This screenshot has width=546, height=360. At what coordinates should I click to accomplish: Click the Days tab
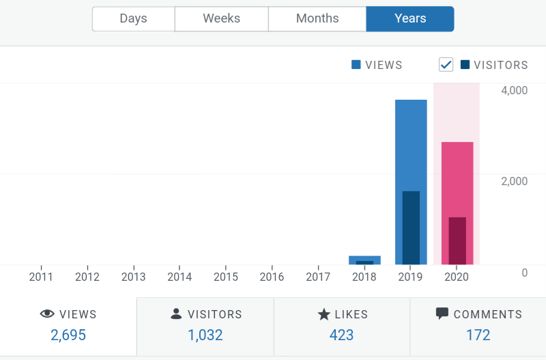pyautogui.click(x=133, y=19)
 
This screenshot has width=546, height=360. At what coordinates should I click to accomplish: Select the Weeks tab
pyautogui.click(x=221, y=19)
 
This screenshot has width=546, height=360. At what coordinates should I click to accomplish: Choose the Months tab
pyautogui.click(x=317, y=19)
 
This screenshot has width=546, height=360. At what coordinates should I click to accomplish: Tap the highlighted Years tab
pyautogui.click(x=410, y=19)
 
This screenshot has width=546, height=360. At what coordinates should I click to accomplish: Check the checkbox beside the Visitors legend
pyautogui.click(x=446, y=65)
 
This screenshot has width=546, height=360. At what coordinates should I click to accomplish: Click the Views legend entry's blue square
pyautogui.click(x=356, y=65)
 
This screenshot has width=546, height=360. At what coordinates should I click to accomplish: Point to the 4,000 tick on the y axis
pyautogui.click(x=514, y=90)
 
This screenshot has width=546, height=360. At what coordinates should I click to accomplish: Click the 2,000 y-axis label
pyautogui.click(x=514, y=181)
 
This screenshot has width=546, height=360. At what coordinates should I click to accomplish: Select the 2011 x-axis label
pyautogui.click(x=42, y=277)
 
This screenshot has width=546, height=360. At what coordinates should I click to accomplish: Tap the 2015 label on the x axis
pyautogui.click(x=226, y=277)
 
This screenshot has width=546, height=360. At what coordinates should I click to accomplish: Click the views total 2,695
pyautogui.click(x=68, y=335)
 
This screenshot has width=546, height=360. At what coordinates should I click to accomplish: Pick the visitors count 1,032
pyautogui.click(x=205, y=335)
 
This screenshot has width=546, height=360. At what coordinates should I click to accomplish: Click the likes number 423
pyautogui.click(x=342, y=335)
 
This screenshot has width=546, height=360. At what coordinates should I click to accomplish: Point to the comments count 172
pyautogui.click(x=478, y=335)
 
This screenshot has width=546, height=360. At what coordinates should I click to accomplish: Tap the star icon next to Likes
pyautogui.click(x=324, y=314)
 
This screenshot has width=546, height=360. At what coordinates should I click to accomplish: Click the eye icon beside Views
pyautogui.click(x=47, y=314)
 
